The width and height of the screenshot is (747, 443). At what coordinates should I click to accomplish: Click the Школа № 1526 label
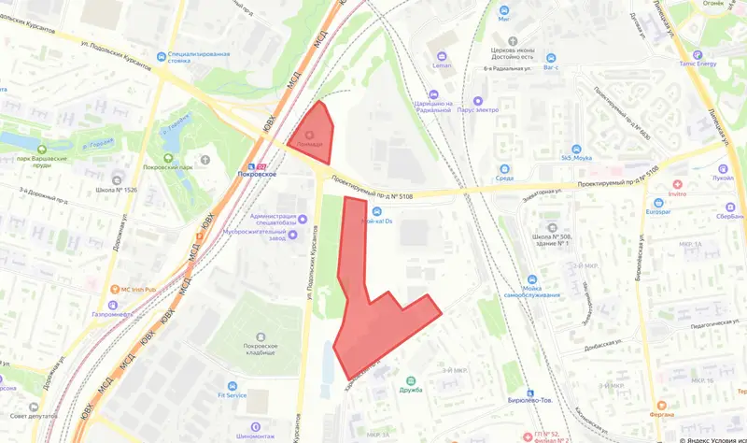point(117,190)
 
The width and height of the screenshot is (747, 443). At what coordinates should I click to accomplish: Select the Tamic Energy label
point(716,64)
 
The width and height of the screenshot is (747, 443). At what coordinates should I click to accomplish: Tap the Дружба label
point(409,390)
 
